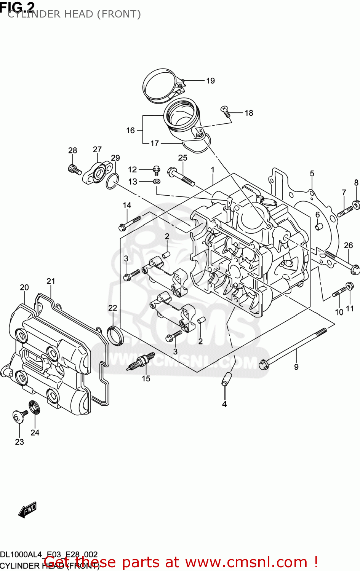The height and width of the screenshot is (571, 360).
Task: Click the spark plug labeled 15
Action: tap(141, 361)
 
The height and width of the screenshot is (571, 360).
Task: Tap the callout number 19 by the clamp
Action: tap(211, 81)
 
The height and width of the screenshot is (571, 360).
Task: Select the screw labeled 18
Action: tap(226, 111)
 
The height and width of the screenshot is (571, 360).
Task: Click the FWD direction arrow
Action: tap(27, 510)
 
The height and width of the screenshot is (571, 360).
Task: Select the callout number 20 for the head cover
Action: tap(24, 287)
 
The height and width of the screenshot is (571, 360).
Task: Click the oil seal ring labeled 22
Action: tap(115, 335)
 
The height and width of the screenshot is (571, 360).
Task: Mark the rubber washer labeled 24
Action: tap(35, 407)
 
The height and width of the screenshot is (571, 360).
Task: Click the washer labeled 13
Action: tap(157, 182)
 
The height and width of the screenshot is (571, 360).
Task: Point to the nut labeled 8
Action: tap(356, 205)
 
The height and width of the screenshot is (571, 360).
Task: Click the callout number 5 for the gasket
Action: tap(312, 174)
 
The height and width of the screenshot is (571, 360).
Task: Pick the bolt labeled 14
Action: tap(130, 223)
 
